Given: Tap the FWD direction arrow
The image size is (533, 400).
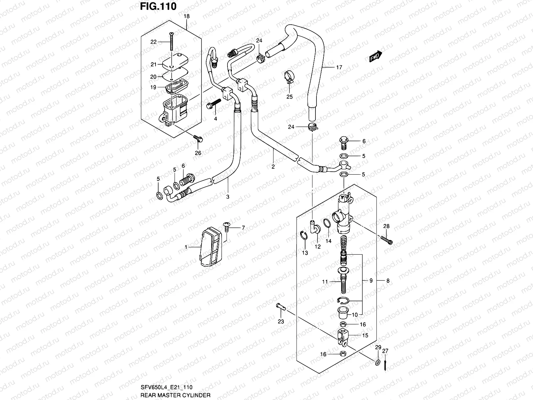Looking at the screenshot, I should [375, 57].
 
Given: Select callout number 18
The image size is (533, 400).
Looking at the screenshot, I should [186, 16].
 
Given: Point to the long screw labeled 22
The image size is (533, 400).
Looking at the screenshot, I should [172, 42].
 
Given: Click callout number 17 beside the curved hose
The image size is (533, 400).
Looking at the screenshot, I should [339, 67].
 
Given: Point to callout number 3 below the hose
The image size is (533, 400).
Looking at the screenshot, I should [228, 197].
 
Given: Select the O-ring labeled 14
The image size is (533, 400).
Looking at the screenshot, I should [327, 223].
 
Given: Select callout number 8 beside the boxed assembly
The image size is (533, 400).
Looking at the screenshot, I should [388, 281].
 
